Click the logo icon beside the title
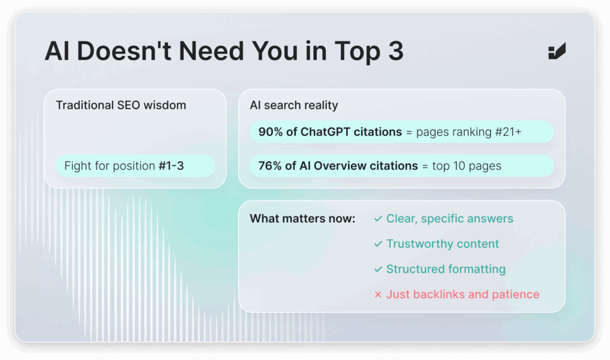[557, 51]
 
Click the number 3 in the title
[396, 51]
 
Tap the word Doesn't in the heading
[124, 51]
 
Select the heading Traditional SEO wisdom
[121, 105]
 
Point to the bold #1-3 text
[171, 166]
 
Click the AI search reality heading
[294, 105]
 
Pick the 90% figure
[271, 132]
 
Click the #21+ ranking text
[508, 132]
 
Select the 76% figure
[270, 166]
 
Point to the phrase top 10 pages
[467, 166]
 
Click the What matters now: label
[303, 219]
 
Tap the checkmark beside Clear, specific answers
[378, 219]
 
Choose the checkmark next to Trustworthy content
[378, 244]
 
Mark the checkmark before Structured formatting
[378, 269]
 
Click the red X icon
[378, 294]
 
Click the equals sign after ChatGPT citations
[409, 132]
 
